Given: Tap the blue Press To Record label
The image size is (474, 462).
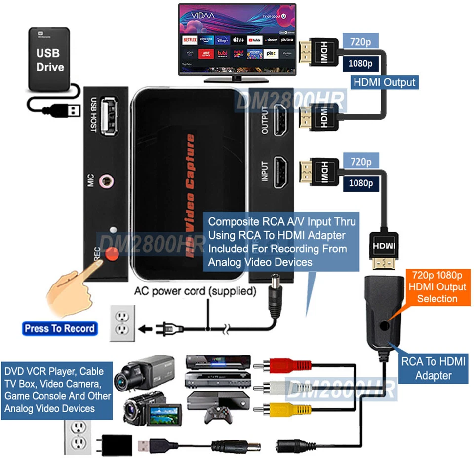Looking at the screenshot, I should click(60, 328).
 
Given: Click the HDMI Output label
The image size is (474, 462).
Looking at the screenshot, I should click(385, 82).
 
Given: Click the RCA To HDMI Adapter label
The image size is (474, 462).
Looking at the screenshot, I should click(433, 368).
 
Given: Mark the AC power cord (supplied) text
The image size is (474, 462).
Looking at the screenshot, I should click(196, 291).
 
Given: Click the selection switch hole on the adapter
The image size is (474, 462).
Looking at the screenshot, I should click(387, 325).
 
